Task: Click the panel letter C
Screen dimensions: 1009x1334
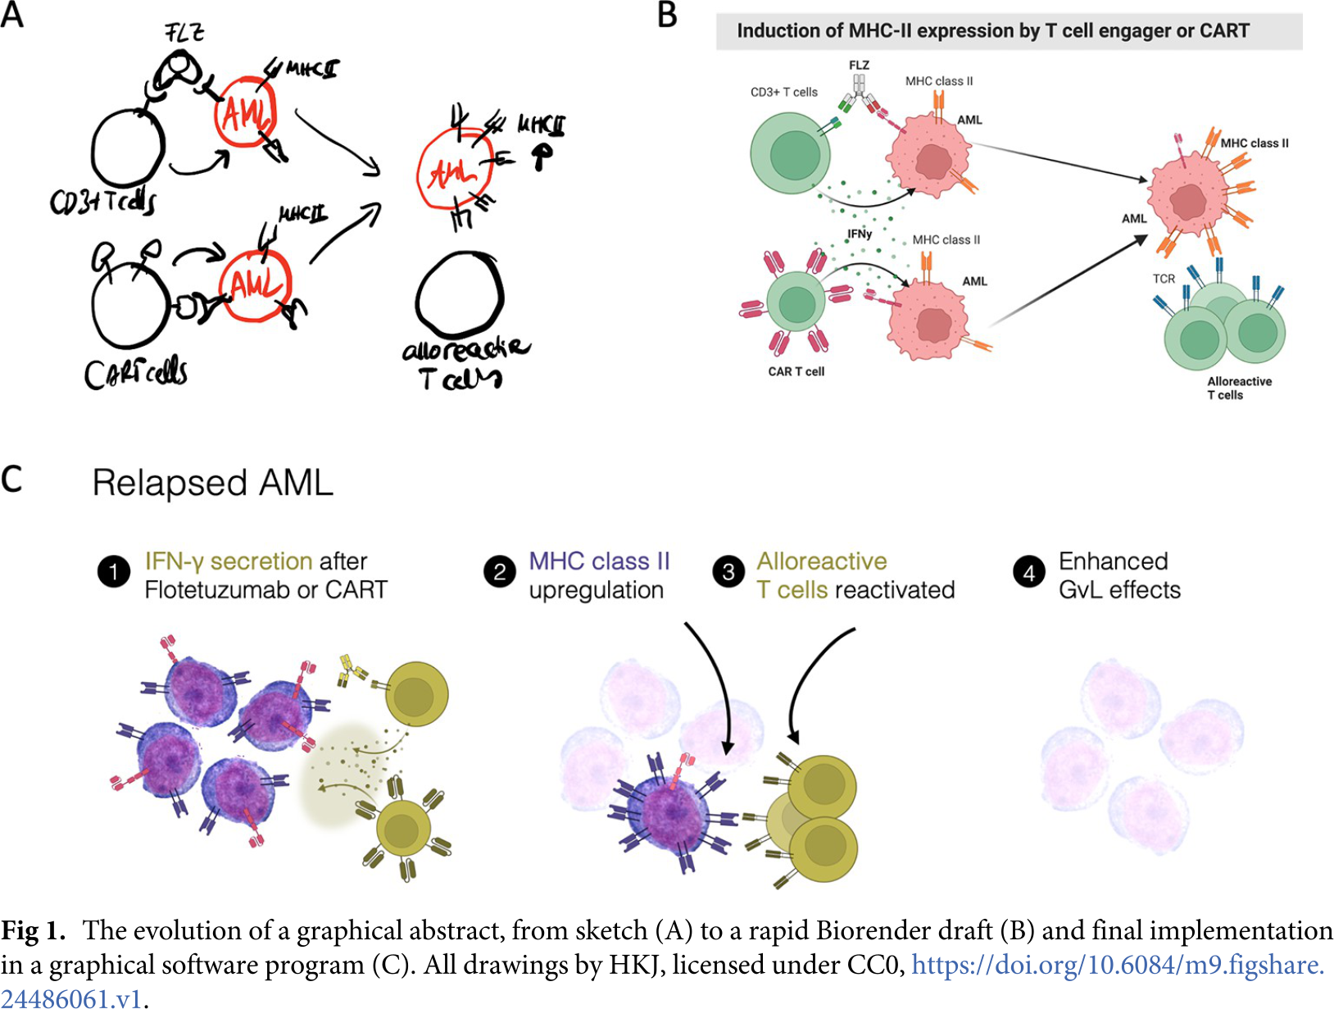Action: click(12, 480)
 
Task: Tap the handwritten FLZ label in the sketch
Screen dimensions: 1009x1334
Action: click(184, 33)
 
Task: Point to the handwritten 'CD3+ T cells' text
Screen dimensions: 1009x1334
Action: click(102, 201)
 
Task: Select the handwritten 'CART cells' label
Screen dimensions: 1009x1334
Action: click(136, 374)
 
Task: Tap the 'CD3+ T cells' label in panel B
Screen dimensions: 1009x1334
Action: click(784, 92)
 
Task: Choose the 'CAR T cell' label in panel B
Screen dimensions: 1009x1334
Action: click(796, 371)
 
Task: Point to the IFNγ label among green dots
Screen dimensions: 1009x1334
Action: click(860, 234)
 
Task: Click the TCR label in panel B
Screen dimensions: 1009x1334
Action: click(1164, 279)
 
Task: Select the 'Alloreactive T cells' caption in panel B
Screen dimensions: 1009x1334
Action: click(1239, 388)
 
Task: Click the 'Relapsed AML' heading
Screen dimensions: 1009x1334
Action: click(213, 483)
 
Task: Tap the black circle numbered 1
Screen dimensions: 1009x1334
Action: click(114, 572)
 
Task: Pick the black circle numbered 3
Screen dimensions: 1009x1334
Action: click(728, 572)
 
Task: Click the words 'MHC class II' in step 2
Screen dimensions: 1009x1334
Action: click(599, 561)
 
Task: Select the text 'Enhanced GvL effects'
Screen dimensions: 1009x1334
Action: click(1119, 575)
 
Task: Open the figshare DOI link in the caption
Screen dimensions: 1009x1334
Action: click(1118, 966)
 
